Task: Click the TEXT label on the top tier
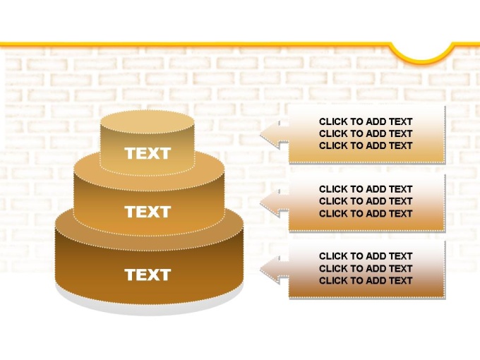(x=148, y=153)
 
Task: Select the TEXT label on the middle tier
(x=148, y=212)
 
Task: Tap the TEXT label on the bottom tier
(x=148, y=275)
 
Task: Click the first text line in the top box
(x=366, y=121)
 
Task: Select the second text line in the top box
(x=366, y=133)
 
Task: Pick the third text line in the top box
(x=366, y=145)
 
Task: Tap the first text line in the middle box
(x=366, y=189)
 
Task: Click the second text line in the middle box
(x=366, y=201)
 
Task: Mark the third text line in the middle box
(x=366, y=213)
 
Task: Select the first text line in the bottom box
(x=366, y=256)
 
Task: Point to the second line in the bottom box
(x=366, y=268)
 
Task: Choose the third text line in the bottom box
(x=366, y=280)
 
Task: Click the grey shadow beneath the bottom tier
(x=149, y=308)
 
